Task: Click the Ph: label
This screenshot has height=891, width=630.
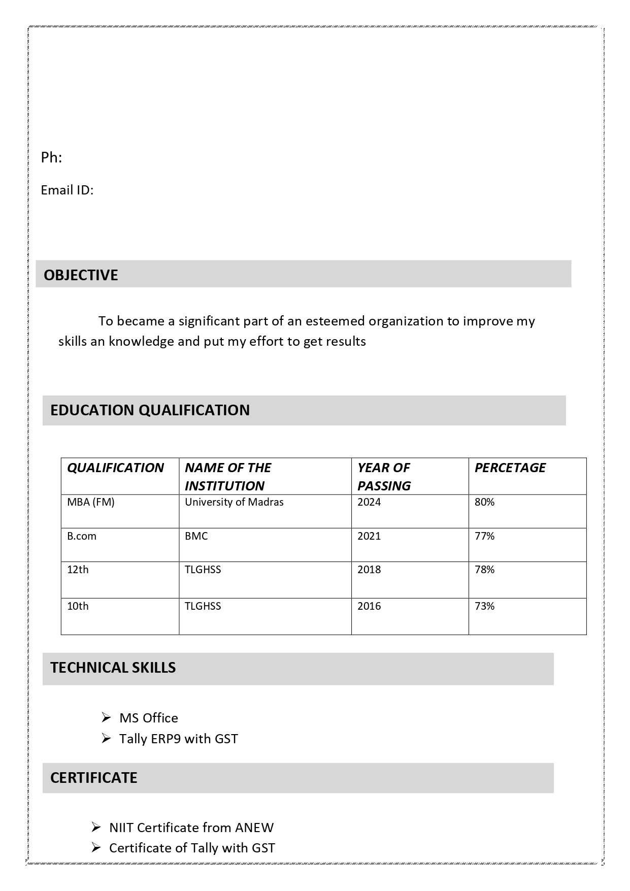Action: coord(51,158)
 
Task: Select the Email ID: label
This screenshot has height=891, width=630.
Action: coord(67,190)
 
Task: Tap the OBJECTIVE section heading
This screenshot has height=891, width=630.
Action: coord(81,275)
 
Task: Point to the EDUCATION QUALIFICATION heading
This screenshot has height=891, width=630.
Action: coord(150,410)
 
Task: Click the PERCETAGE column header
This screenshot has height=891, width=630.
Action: coord(510,468)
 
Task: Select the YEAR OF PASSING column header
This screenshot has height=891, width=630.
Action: coord(384,476)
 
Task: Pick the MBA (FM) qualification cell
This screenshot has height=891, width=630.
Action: coord(91,502)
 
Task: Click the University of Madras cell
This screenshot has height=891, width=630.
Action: coord(234,502)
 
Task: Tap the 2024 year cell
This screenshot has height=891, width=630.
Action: coord(369,502)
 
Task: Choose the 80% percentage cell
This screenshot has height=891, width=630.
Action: coord(484,502)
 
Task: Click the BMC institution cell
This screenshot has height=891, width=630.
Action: coord(196,536)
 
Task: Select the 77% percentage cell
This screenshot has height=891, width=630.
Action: coord(484,536)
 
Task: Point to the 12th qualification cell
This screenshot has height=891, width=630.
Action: coord(78,570)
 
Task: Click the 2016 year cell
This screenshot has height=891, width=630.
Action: coord(369,606)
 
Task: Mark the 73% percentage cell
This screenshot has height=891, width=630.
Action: coord(484,606)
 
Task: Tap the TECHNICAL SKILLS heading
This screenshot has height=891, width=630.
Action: coord(113,668)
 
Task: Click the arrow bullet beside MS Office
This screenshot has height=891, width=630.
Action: coord(106,717)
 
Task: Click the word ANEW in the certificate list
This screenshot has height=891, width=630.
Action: coord(254,828)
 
